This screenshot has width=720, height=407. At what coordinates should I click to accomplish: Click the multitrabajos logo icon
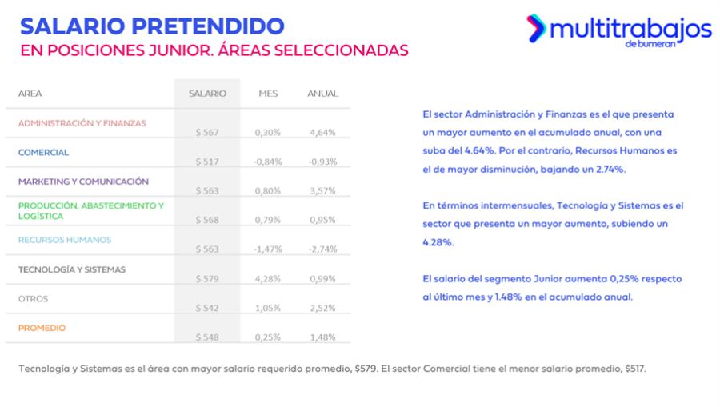click(x=536, y=28)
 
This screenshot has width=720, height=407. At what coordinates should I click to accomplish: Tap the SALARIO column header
click(x=207, y=94)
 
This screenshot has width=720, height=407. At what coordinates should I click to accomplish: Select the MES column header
click(x=268, y=94)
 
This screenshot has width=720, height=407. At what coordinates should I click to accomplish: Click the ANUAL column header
click(x=322, y=94)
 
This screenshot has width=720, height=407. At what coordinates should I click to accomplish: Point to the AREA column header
click(x=30, y=94)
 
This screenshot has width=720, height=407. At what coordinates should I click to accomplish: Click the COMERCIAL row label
click(x=43, y=152)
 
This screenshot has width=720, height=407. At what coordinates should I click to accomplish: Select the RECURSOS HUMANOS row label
click(x=65, y=240)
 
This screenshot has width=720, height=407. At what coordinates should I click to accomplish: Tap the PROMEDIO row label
click(x=42, y=328)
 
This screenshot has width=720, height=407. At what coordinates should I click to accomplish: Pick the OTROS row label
click(x=33, y=298)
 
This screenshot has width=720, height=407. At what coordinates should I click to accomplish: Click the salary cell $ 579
click(x=207, y=278)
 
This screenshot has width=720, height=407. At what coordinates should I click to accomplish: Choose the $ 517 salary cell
click(x=207, y=162)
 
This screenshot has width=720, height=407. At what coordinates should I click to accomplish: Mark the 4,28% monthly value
click(x=268, y=278)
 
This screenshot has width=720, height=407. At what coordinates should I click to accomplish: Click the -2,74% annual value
click(x=322, y=249)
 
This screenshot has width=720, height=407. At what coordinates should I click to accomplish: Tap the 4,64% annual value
click(x=322, y=133)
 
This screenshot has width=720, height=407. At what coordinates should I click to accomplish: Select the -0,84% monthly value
click(x=268, y=162)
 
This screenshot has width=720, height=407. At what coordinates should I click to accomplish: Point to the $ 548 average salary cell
click(x=207, y=337)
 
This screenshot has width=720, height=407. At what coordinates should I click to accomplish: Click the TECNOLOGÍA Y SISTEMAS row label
click(x=72, y=269)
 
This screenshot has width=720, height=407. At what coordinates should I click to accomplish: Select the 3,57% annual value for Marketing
click(x=322, y=191)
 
